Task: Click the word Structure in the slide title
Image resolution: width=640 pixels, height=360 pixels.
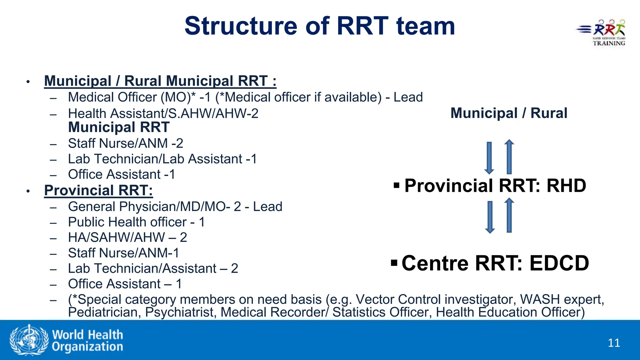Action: pyautogui.click(x=241, y=26)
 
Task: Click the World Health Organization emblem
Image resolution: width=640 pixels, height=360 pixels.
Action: pyautogui.click(x=29, y=340)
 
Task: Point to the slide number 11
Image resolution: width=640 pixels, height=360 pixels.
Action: pyautogui.click(x=614, y=343)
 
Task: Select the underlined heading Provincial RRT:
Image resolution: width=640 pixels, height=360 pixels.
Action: pyautogui.click(x=98, y=190)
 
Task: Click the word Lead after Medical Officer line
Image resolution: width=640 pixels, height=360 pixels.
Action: pyautogui.click(x=408, y=97)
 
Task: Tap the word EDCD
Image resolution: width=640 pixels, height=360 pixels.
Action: pyautogui.click(x=559, y=263)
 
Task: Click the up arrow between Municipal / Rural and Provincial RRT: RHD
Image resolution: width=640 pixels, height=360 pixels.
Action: pyautogui.click(x=509, y=157)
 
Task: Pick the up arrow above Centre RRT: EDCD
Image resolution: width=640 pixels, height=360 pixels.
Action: pyautogui.click(x=509, y=215)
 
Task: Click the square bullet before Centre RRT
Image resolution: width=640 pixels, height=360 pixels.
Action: pyautogui.click(x=394, y=262)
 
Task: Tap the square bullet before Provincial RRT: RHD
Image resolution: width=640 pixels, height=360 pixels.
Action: pyautogui.click(x=397, y=185)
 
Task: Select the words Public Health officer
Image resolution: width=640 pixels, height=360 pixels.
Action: pyautogui.click(x=127, y=222)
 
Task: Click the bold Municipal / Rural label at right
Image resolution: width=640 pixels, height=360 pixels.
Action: pyautogui.click(x=509, y=113)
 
